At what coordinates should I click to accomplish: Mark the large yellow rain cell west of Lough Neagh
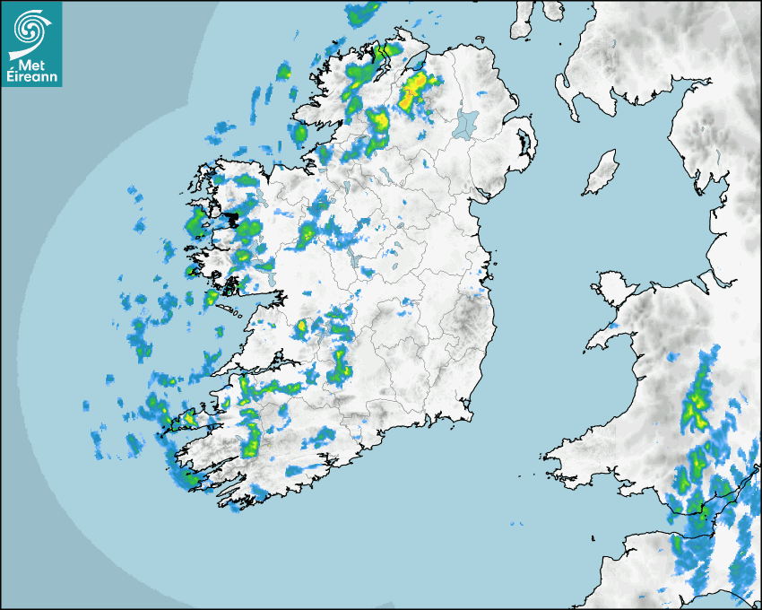[x=415, y=91]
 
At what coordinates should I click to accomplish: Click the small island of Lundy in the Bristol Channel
[x=593, y=536]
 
